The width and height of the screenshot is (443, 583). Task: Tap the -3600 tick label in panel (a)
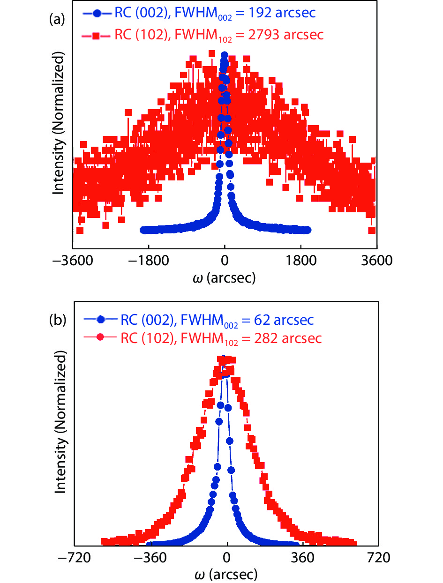[72, 260]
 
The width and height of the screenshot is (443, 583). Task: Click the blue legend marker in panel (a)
[97, 13]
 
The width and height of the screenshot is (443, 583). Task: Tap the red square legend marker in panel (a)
[97, 35]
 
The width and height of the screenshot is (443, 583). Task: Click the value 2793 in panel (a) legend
[271, 35]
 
